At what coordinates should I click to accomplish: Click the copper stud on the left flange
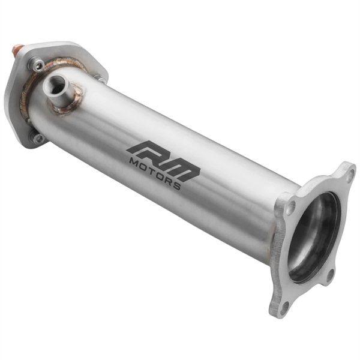(19, 47)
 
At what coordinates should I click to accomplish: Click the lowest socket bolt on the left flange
(38, 138)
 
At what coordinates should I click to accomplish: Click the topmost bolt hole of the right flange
(349, 175)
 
